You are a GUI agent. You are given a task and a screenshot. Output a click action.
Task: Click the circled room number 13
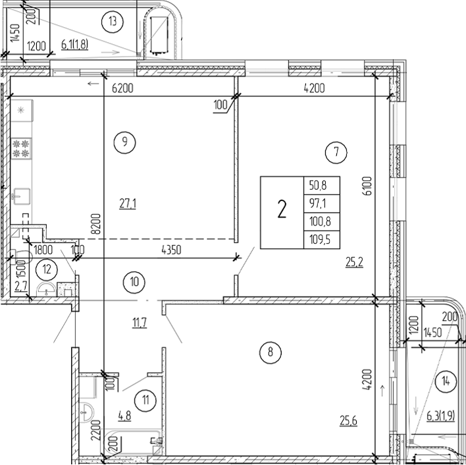point(113,22)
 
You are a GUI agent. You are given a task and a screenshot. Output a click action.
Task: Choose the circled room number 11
point(144,398)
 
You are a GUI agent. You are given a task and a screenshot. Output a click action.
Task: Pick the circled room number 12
point(46,268)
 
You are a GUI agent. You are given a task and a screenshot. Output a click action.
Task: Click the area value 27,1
point(127,204)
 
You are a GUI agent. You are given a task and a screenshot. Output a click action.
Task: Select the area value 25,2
point(355,261)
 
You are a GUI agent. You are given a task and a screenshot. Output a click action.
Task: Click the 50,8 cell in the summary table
point(319,185)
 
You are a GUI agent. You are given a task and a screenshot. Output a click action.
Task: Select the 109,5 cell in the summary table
point(319,240)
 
